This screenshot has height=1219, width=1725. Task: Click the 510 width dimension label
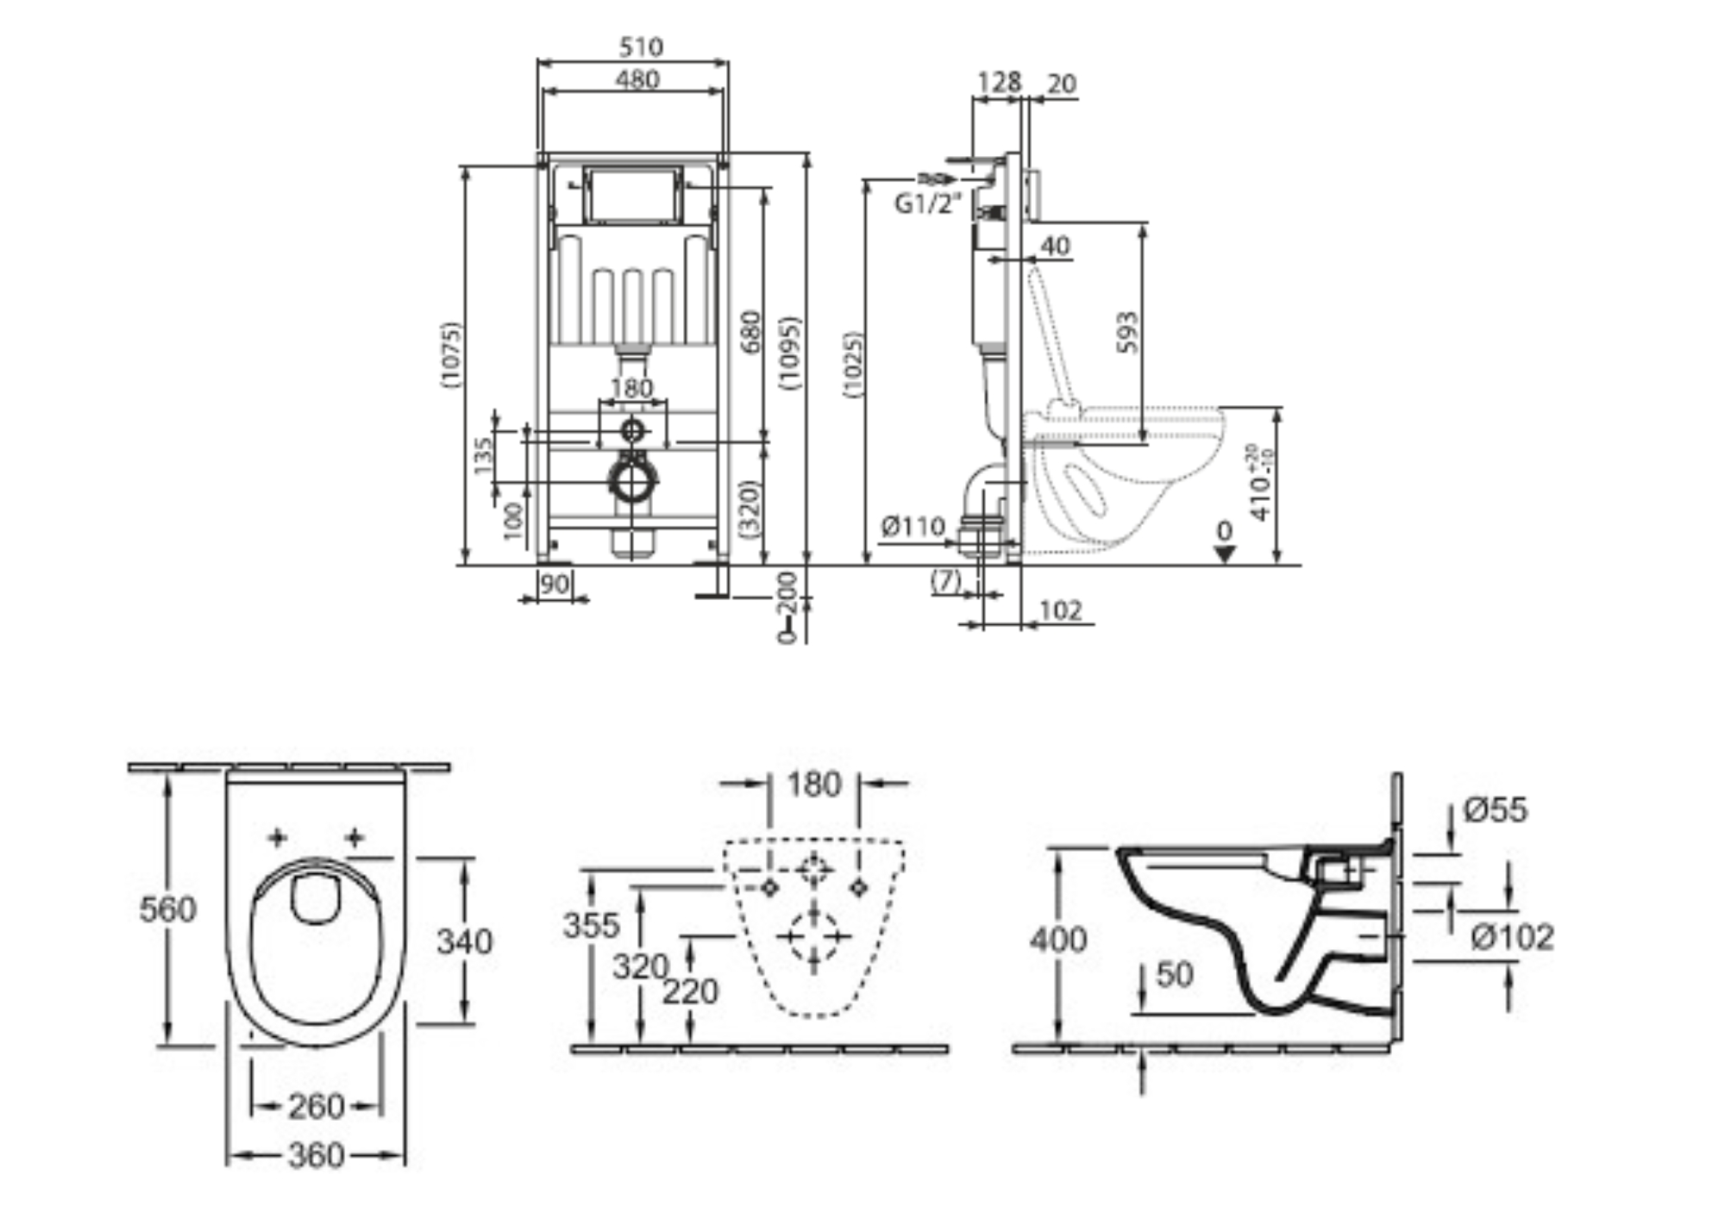click(x=641, y=47)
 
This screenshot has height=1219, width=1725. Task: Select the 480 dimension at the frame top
click(x=637, y=79)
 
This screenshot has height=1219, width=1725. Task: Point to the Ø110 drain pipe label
click(x=913, y=525)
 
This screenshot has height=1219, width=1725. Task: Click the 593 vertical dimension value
click(x=1127, y=332)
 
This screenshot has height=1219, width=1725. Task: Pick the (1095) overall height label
click(x=791, y=353)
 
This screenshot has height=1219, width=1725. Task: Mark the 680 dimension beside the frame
click(x=751, y=332)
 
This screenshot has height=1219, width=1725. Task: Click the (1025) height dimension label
click(x=853, y=365)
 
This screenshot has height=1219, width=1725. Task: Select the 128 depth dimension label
click(x=999, y=83)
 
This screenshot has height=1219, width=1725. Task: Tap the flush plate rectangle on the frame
click(x=633, y=195)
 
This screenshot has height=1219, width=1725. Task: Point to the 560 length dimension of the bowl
click(x=167, y=909)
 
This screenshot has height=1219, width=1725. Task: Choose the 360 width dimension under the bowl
click(x=316, y=1155)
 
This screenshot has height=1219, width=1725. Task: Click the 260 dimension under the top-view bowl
click(x=316, y=1106)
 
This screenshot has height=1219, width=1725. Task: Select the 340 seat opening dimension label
click(x=464, y=941)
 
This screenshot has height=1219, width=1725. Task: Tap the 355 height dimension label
click(x=591, y=925)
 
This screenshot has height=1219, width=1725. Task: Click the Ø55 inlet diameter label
click(x=1495, y=810)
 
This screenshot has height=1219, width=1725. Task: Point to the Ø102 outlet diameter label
click(x=1512, y=937)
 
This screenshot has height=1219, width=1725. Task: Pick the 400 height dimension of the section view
click(x=1058, y=939)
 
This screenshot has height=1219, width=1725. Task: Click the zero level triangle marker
click(x=1224, y=552)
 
